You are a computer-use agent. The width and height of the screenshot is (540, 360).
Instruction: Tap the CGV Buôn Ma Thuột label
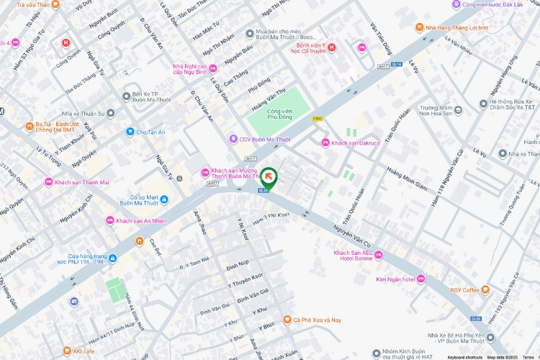(261, 139)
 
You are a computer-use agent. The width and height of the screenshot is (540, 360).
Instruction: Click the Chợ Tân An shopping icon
(130, 132)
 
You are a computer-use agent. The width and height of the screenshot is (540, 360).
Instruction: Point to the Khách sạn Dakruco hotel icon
(325, 143)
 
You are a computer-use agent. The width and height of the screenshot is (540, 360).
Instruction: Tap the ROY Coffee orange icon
(485, 290)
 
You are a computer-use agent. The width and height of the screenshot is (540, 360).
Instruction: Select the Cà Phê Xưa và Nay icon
(287, 320)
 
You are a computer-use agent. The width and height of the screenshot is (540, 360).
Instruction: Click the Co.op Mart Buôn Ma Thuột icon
(164, 199)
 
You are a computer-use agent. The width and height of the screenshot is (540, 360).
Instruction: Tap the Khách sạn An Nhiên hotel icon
(110, 220)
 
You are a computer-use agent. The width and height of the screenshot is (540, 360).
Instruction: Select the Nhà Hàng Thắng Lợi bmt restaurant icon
(419, 27)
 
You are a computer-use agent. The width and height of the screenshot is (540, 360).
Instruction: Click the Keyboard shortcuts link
(464, 356)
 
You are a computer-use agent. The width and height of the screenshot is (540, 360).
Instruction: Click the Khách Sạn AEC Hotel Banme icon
(379, 256)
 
